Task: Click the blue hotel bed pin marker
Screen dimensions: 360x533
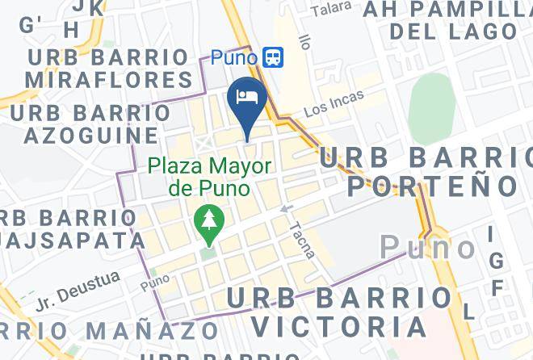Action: click(x=246, y=100)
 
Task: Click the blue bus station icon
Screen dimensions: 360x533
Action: click(x=273, y=57)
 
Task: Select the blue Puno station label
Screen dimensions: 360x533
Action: click(x=233, y=57)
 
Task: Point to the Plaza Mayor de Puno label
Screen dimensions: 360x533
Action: click(x=209, y=178)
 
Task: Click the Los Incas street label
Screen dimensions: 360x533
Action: click(x=334, y=104)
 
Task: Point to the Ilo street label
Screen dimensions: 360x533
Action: click(x=304, y=40)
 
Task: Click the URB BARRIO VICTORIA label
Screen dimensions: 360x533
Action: click(x=339, y=312)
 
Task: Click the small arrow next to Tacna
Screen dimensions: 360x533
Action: click(x=285, y=210)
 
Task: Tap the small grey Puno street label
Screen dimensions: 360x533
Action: click(x=155, y=285)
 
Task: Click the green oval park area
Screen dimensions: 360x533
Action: click(x=432, y=109)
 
